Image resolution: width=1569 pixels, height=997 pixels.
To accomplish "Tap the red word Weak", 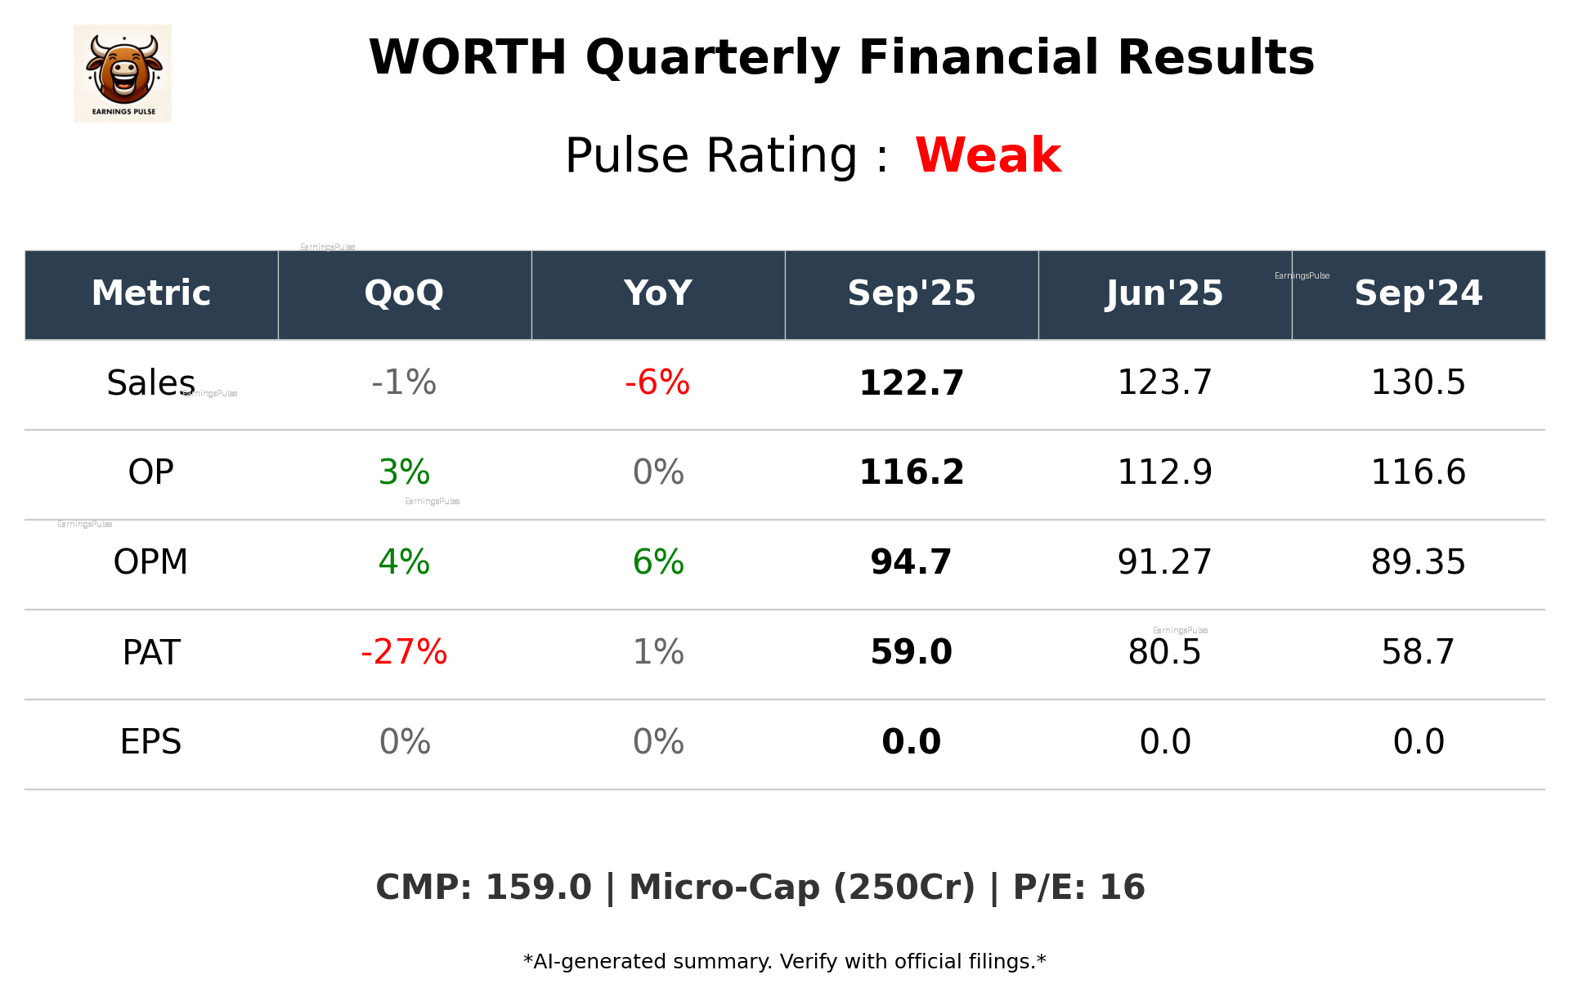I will pos(988,155).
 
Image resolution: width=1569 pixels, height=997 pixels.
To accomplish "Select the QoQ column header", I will pos(404,293).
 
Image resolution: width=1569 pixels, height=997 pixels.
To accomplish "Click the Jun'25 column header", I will pos(1164,293).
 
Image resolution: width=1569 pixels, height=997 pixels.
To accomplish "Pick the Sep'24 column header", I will pos(1418,293).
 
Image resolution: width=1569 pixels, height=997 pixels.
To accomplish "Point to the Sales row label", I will pos(150,382).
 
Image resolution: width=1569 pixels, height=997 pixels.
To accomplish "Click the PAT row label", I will pos(150,652).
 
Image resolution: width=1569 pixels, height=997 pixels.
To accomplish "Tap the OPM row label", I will pos(150,562).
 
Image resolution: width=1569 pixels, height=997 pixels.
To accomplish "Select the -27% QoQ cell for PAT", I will pos(404,652).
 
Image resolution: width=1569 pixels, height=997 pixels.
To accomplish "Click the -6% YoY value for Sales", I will pos(657,382).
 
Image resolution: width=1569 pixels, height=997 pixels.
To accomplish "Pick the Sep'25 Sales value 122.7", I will pos(911,382).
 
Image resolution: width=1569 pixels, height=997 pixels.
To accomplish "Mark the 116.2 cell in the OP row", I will pos(911,472).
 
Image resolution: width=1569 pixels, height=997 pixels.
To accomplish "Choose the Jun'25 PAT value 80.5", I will pos(1164,652).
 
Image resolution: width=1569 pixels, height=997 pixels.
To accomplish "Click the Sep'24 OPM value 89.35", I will pos(1418,562).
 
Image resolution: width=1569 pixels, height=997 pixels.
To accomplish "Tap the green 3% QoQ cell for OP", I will pos(404,472).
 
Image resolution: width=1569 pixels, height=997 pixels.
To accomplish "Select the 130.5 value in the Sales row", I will pos(1418,382).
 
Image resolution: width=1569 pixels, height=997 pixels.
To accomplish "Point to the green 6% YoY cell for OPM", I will pos(657,562).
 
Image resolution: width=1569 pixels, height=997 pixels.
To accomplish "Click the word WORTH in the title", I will pos(468,58).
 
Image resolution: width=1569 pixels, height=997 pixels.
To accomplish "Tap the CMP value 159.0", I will pos(538,887).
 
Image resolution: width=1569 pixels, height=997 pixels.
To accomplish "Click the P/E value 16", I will pos(1122,887).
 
